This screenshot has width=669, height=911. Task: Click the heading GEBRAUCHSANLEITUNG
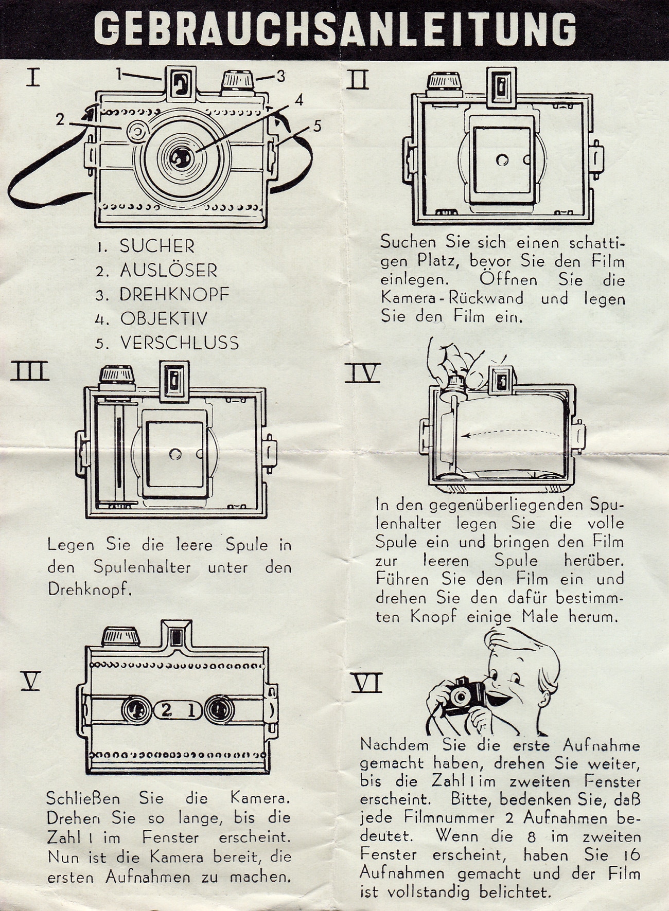334,29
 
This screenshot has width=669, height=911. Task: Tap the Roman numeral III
30,371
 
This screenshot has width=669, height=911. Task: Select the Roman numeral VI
366,684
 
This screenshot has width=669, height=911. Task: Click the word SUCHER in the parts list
157,246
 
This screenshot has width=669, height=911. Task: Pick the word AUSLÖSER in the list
168,271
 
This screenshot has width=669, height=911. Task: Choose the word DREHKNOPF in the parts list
174,295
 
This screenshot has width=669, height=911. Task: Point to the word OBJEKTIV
164,319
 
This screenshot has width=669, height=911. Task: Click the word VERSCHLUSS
180,343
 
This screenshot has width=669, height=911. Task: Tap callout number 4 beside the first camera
298,100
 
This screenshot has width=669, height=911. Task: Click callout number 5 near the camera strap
317,126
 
